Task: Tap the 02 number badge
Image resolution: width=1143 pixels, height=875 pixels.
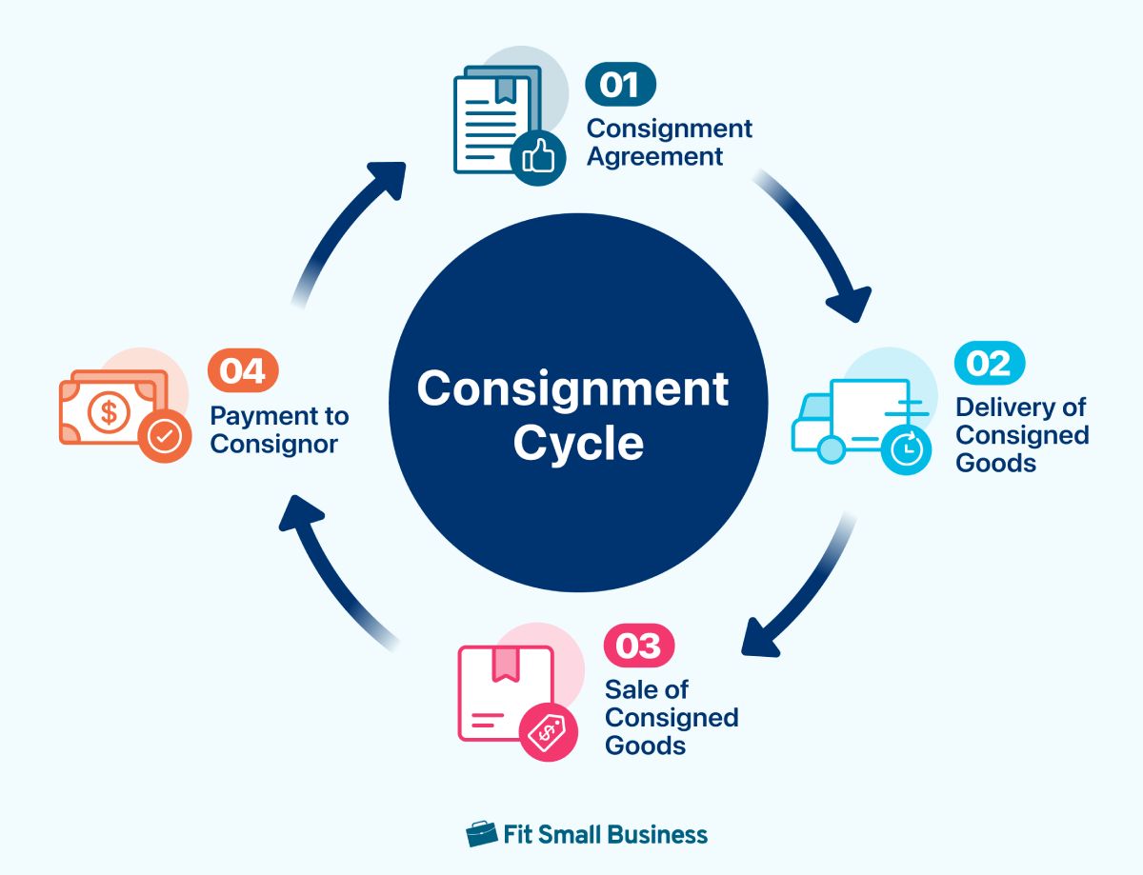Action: tap(990, 363)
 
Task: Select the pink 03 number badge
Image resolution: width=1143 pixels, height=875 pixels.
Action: tap(639, 646)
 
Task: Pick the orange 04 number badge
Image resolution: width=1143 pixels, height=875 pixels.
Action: tap(244, 370)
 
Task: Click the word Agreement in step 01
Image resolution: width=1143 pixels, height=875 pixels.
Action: tap(654, 156)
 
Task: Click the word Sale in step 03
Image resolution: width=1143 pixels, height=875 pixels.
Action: tap(632, 689)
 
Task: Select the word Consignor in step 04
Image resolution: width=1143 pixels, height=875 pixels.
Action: tap(274, 444)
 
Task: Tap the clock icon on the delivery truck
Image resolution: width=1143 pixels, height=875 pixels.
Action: tap(908, 446)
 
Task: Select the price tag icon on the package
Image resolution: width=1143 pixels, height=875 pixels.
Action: tap(547, 733)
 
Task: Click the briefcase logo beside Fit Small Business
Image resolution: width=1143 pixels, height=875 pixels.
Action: tap(482, 834)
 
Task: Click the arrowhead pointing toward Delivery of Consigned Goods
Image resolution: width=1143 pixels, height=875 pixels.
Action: tap(851, 306)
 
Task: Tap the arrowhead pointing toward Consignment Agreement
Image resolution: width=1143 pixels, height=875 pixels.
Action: tap(386, 180)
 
